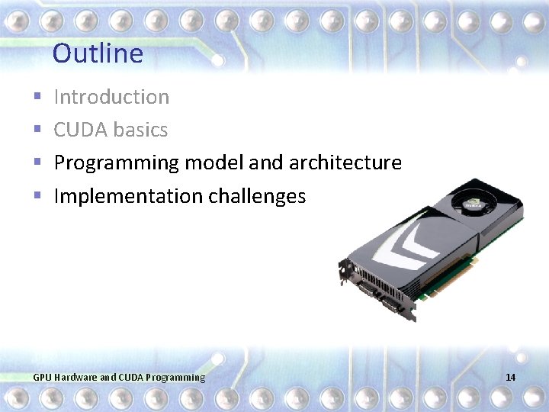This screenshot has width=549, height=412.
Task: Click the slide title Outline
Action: [x=98, y=53]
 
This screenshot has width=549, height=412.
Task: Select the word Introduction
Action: [x=111, y=97]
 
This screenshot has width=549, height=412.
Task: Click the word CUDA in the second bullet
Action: [x=77, y=130]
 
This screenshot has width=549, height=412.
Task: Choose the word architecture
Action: [x=345, y=163]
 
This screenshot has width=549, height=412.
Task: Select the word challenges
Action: [x=257, y=196]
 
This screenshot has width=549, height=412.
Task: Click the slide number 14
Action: [x=510, y=378]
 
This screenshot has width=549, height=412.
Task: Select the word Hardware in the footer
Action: [x=75, y=378]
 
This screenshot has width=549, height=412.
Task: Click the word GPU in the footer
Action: [x=43, y=378]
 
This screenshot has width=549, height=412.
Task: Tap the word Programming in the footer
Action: [x=175, y=378]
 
